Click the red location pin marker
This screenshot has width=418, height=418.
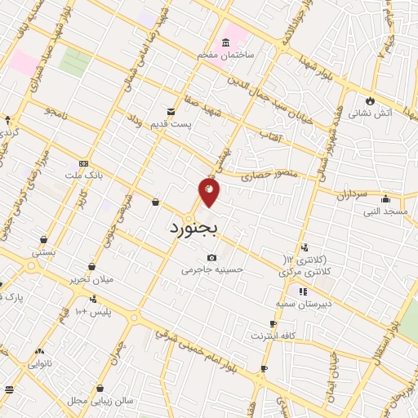(209, 193)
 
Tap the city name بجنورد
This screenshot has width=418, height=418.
(194, 229)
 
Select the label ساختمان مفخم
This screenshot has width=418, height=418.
(226, 55)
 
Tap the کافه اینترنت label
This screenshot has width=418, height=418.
(273, 336)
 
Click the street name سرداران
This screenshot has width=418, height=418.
(353, 195)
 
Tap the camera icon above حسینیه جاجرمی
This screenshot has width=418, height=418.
(212, 257)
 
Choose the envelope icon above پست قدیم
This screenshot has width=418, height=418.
(171, 111)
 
